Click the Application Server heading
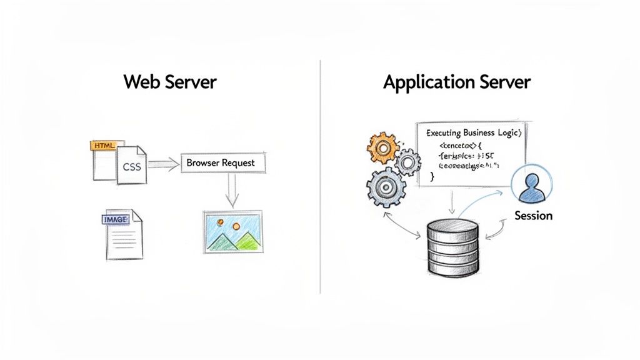point(457,82)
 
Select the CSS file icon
point(132,166)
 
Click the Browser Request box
point(221,163)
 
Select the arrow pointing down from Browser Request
point(232,190)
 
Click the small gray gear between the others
point(409,162)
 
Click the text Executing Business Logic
point(473,133)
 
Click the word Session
point(533,216)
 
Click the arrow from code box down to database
point(452,201)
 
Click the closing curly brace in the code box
point(432,177)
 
